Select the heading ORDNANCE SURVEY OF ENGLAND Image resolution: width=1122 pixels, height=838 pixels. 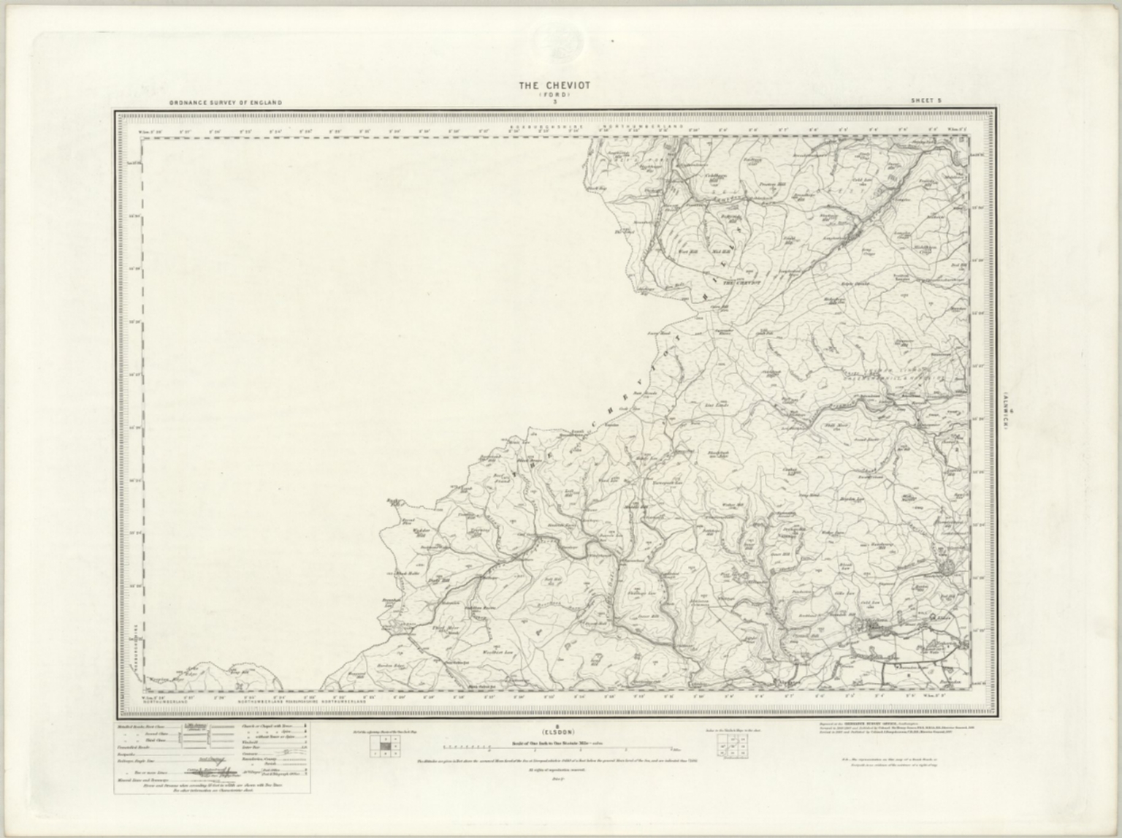pyautogui.click(x=225, y=103)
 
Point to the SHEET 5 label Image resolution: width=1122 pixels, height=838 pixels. pyautogui.click(x=924, y=101)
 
